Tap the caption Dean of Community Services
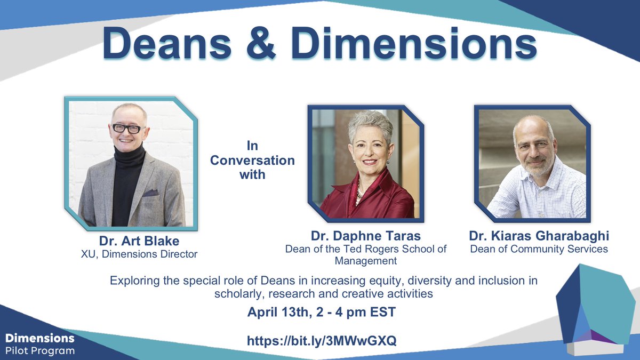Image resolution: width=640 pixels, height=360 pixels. (539, 249)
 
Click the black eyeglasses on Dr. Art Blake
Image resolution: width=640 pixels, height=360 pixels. (127, 129)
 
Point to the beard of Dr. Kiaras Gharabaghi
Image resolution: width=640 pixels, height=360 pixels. (533, 169)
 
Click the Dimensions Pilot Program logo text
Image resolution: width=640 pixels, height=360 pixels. (40, 344)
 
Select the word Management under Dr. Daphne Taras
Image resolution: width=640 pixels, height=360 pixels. (365, 261)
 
